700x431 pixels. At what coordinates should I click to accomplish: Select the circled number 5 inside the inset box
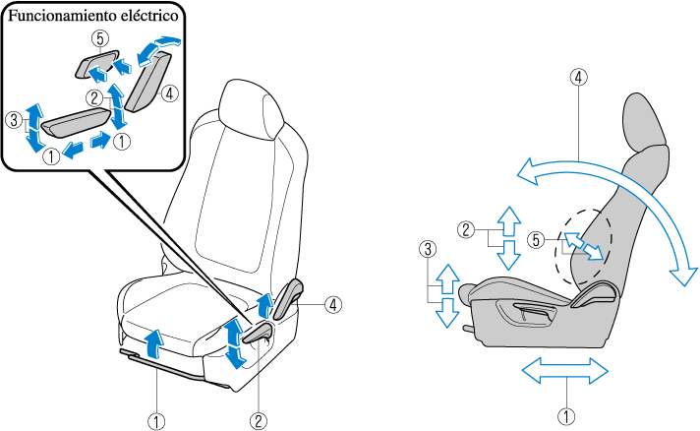96,40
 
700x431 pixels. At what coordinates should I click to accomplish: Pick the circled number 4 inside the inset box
170,94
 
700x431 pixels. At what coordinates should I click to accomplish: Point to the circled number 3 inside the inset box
13,121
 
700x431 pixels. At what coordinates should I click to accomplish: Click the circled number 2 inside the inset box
93,97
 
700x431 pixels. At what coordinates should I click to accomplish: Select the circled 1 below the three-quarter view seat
155,419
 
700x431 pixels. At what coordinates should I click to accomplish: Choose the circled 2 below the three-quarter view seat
259,419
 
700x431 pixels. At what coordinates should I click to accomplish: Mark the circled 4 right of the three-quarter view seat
334,304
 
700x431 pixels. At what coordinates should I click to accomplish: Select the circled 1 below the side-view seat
565,415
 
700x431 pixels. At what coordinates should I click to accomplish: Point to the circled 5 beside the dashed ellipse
536,238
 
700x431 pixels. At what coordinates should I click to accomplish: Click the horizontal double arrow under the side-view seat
565,372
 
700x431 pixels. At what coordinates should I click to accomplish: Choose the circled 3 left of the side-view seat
427,251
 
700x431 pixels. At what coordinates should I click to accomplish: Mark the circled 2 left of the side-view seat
467,230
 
